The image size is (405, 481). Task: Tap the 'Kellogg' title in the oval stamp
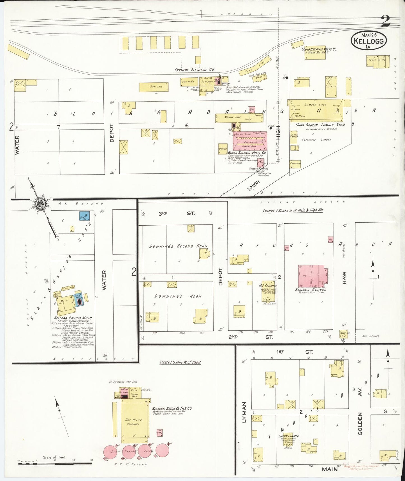[369, 41]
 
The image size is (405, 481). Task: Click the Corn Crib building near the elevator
[154, 87]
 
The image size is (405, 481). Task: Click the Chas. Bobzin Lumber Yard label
[320, 125]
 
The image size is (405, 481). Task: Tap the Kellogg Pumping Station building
[261, 162]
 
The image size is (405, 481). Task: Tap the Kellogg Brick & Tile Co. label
[172, 408]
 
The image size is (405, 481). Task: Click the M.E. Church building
[267, 292]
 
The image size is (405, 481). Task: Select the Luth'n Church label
[288, 436]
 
